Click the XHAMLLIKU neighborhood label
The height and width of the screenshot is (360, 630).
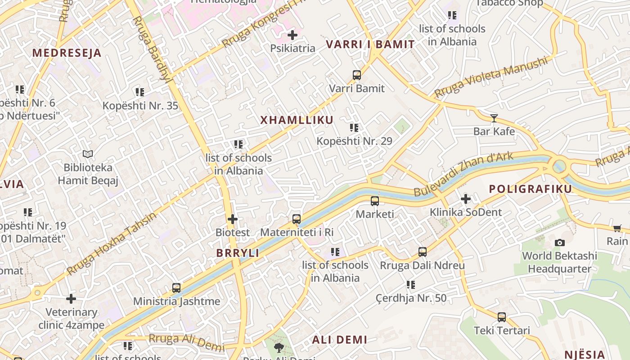[x=297, y=120]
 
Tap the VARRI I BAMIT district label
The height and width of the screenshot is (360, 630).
[x=370, y=45]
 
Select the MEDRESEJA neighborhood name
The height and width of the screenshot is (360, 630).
[x=67, y=53]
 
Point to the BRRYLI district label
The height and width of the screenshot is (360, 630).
[x=238, y=253]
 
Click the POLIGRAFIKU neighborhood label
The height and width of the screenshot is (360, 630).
[x=530, y=189]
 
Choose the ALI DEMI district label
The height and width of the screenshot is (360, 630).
[x=340, y=340]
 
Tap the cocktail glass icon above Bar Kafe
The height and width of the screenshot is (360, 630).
[x=494, y=118]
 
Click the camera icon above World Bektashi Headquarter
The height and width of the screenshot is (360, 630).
[x=560, y=243]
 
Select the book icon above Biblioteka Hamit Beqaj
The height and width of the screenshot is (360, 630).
[x=88, y=154]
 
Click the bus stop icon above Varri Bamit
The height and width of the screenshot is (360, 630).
[x=357, y=75]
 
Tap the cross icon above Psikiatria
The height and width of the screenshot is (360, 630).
[x=292, y=35]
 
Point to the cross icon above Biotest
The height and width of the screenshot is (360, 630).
[x=233, y=220]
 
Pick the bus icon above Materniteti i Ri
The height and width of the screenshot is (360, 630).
[x=297, y=219]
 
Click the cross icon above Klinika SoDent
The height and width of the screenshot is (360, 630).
[x=466, y=198]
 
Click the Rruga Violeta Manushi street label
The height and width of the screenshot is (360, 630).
[x=492, y=77]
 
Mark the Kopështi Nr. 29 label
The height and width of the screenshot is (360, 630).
[x=354, y=141]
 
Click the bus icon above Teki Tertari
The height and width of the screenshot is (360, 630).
[x=502, y=317]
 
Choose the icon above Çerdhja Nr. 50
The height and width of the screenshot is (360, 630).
[x=411, y=285]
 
